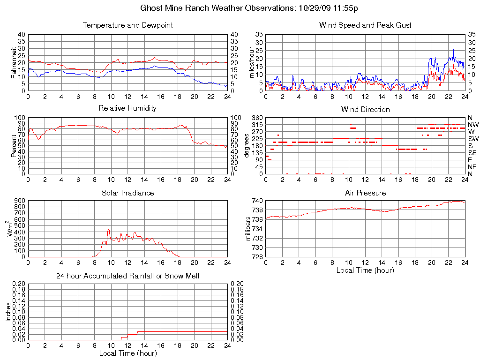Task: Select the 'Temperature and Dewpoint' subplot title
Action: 127,25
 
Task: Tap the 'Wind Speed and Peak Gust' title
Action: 365,25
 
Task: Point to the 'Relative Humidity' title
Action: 127,108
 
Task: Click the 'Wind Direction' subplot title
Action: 365,109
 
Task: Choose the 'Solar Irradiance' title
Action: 127,193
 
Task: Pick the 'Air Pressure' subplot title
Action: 365,193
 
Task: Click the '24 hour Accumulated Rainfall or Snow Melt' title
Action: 127,276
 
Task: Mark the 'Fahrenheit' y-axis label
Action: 14,62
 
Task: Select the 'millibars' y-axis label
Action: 248,229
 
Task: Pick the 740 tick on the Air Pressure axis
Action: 257,201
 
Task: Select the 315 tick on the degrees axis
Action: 257,125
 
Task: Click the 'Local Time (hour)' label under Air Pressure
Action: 365,270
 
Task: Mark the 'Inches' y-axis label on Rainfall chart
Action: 8,312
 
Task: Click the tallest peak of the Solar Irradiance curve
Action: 109,230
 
